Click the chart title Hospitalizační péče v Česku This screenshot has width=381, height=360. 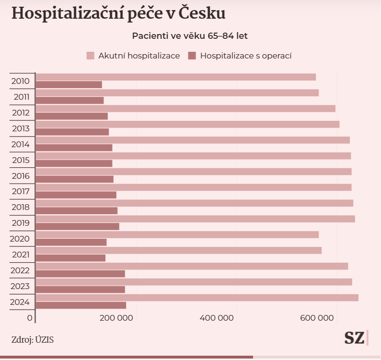coord(118,14)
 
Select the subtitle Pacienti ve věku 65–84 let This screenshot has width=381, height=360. coord(190,36)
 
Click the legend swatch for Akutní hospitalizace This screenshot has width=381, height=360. coord(91,56)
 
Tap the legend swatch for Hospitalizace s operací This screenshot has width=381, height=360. coord(193,56)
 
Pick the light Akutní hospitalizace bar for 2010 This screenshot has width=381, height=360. coord(176,77)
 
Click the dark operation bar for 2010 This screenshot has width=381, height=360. coord(69,85)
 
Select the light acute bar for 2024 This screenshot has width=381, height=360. coord(197,298)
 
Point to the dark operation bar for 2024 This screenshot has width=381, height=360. coord(81,305)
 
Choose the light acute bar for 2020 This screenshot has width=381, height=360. coord(177,235)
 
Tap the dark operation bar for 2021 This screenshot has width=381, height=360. coord(71,258)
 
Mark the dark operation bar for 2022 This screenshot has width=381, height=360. coord(81,274)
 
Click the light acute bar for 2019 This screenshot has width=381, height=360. coord(196,219)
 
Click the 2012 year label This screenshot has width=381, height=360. coord(21,113)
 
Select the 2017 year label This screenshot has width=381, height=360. coord(21,192)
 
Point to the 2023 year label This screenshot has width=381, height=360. coord(21,286)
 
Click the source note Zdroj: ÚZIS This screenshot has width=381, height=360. coord(32,340)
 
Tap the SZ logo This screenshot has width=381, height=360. coord(354,337)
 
